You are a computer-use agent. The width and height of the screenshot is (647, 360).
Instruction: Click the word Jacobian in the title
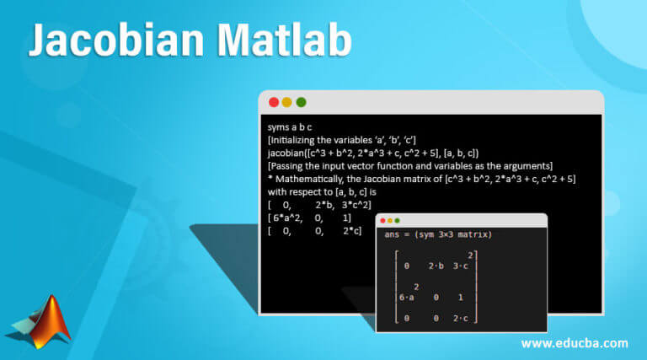[116, 40]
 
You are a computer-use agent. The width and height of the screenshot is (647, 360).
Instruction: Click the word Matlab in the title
[284, 40]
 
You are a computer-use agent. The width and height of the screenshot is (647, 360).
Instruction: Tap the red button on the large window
[274, 102]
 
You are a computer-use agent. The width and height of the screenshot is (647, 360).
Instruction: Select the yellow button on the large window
[286, 102]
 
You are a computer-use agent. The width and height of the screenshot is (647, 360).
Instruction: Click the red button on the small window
[383, 220]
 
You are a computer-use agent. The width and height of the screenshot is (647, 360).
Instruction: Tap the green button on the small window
[397, 220]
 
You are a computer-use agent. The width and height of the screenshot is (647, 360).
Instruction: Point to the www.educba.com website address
[575, 343]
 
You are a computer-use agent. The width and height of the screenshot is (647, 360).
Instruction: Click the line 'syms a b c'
[290, 127]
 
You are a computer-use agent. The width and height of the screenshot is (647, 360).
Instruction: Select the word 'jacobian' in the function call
[286, 153]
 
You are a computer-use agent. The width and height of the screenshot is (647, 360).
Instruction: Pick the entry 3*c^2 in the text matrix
[355, 204]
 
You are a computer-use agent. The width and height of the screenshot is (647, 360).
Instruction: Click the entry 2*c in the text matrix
[350, 231]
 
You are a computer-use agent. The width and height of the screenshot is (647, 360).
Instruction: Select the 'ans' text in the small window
[392, 234]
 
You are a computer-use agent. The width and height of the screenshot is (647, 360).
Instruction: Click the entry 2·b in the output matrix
[436, 266]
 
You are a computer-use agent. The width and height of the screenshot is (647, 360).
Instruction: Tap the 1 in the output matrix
[461, 298]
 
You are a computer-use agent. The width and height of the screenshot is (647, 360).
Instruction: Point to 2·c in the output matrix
[461, 319]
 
